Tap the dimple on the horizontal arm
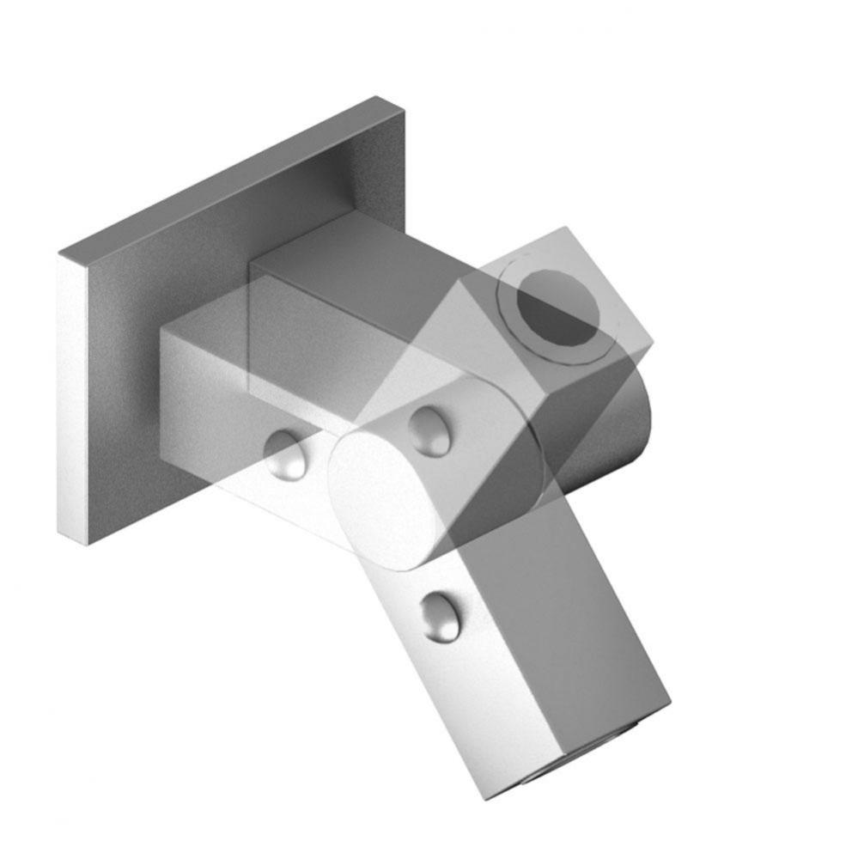pyautogui.click(x=286, y=453)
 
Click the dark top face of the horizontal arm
pyautogui.click(x=344, y=275)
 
